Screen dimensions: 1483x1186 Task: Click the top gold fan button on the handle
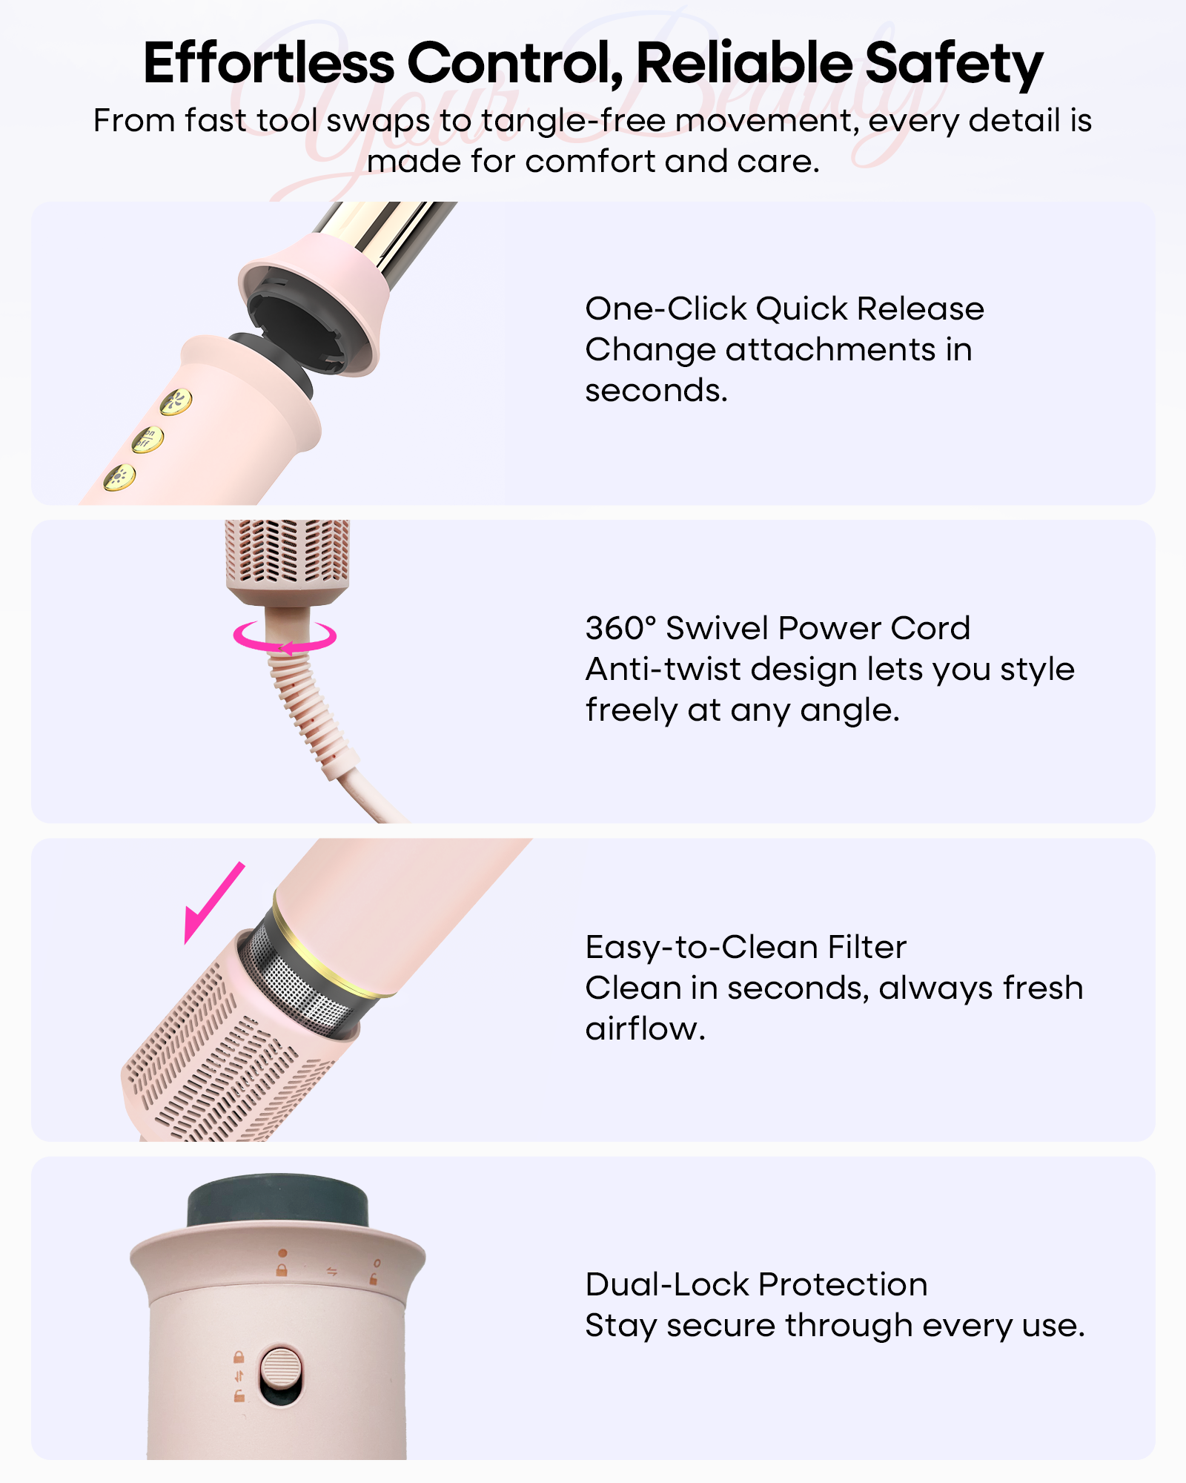(176, 403)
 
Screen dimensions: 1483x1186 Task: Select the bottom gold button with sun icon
(119, 478)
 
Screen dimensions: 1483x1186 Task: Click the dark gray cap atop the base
(278, 1200)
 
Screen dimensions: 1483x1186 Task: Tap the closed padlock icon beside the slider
(239, 1357)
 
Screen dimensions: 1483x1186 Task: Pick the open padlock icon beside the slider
(239, 1396)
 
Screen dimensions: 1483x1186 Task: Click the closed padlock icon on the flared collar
(282, 1270)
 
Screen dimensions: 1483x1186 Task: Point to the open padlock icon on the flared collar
(374, 1279)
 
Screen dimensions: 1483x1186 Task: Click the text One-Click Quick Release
(784, 308)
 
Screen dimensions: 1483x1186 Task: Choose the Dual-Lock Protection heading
(756, 1284)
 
